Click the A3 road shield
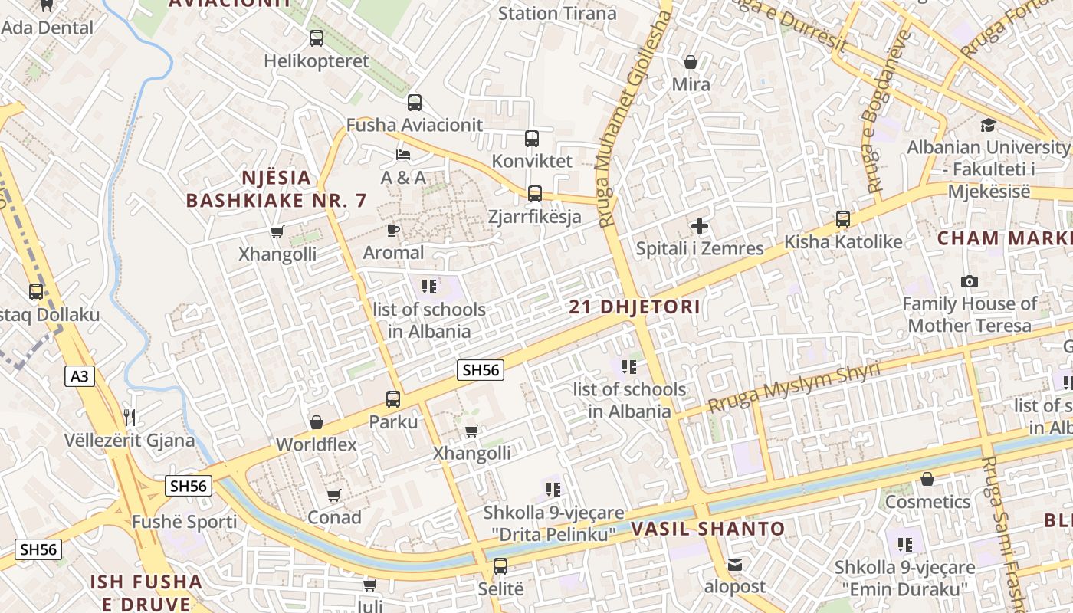(80, 376)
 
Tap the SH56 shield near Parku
(481, 370)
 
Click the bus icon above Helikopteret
(316, 38)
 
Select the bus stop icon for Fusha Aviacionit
(415, 102)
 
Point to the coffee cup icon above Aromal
(393, 230)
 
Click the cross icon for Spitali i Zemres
(699, 226)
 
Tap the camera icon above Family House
(969, 281)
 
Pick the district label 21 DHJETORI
(635, 307)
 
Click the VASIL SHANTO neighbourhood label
(707, 529)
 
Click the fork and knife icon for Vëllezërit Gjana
(130, 417)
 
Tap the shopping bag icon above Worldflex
(316, 422)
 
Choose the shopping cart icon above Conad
(333, 496)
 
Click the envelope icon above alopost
(735, 565)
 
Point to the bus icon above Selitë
(500, 566)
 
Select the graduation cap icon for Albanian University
(988, 124)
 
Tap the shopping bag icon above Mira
(691, 62)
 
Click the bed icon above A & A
(403, 155)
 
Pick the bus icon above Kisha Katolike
(843, 219)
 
